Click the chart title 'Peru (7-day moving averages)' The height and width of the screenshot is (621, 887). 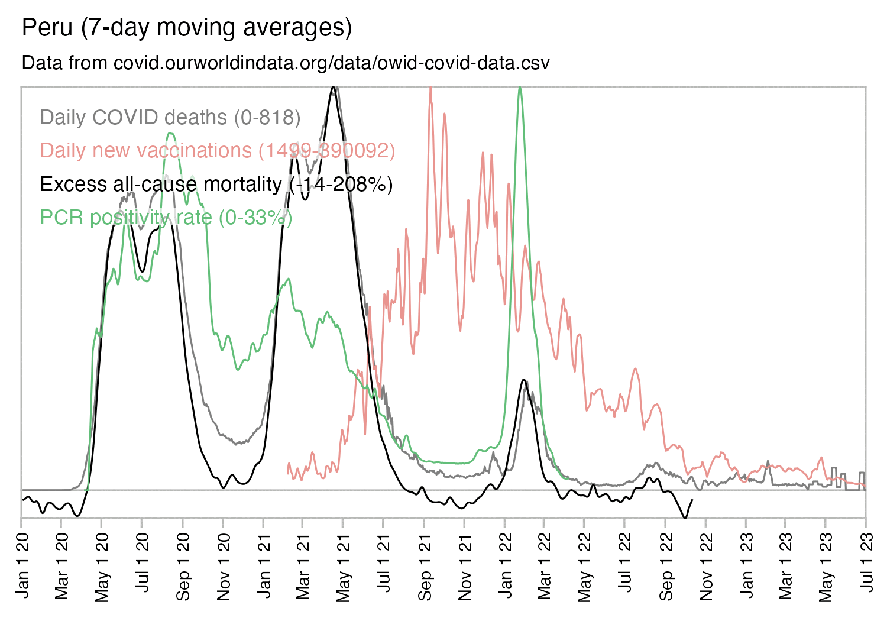[187, 28]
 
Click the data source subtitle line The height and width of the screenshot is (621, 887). [286, 63]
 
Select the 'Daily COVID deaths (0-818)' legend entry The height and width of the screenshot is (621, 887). [170, 117]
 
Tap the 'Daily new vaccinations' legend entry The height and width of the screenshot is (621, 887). [218, 150]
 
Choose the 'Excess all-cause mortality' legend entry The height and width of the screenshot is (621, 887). [216, 184]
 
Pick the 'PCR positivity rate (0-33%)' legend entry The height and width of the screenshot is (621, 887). [166, 217]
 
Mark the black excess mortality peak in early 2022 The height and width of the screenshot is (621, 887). [523, 380]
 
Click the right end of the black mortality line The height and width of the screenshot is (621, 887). [692, 500]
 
